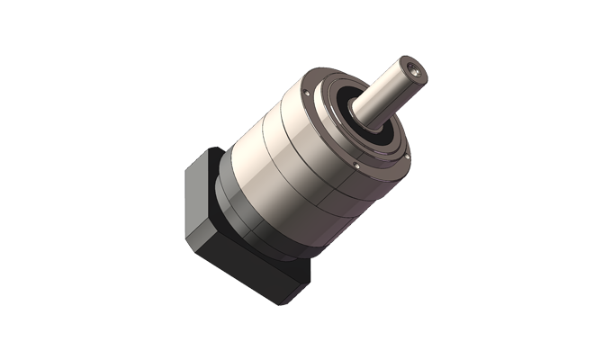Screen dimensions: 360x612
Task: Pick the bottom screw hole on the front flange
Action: click(x=357, y=166)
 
